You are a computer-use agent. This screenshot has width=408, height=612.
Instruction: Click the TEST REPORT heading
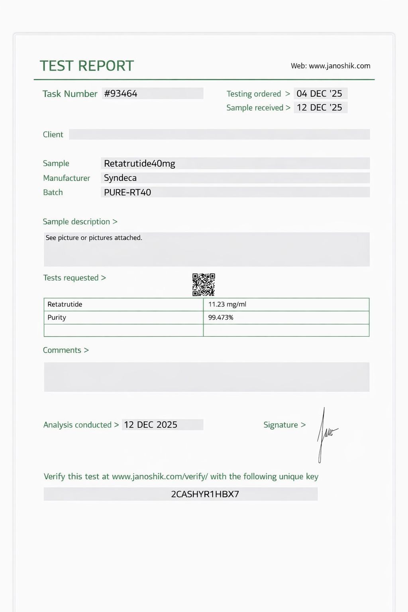click(87, 66)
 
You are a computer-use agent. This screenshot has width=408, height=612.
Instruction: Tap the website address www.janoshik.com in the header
click(339, 66)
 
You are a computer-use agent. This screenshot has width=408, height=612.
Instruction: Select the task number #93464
click(121, 94)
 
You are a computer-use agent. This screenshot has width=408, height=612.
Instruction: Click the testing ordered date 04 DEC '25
click(320, 94)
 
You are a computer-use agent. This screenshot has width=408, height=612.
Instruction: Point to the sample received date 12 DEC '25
click(320, 108)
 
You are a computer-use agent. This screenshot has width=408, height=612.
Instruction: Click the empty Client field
click(219, 134)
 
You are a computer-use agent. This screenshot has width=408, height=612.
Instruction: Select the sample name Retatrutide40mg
click(139, 163)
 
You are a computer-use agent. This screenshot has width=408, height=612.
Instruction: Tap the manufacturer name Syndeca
click(120, 178)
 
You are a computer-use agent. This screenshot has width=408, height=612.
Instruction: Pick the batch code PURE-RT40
click(127, 192)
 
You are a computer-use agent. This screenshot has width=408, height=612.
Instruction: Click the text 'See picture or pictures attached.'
click(94, 238)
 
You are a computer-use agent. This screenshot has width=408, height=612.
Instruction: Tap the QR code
click(204, 284)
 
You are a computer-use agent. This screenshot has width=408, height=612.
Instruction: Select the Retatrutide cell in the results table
click(65, 304)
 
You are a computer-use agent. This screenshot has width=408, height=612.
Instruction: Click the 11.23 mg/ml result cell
click(228, 304)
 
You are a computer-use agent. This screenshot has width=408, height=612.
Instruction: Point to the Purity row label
click(57, 318)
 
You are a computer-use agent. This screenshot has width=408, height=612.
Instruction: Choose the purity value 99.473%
click(221, 318)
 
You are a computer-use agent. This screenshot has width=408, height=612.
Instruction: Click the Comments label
click(62, 350)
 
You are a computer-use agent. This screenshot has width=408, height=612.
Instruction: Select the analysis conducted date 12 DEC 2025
click(151, 425)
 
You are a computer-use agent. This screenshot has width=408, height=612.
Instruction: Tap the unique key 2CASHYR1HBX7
click(205, 494)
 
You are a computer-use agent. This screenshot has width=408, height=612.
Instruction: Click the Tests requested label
click(71, 278)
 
